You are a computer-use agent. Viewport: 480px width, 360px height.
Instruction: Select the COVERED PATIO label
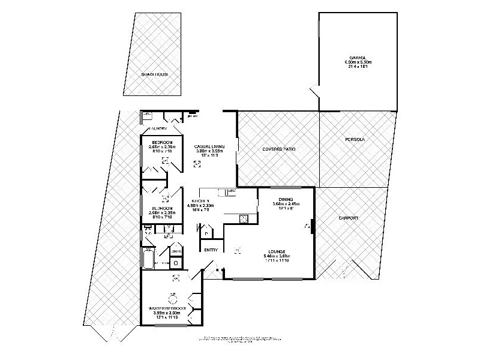pyautogui.click(x=279, y=149)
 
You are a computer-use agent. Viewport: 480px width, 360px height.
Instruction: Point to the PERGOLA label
pyautogui.click(x=355, y=139)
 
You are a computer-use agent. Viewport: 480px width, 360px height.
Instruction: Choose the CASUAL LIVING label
pyautogui.click(x=209, y=146)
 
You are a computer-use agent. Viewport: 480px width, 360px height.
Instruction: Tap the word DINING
pyautogui.click(x=286, y=200)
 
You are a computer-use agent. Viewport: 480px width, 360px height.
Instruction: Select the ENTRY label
pyautogui.click(x=211, y=250)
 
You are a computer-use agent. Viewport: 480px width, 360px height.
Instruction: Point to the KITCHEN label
pyautogui.click(x=200, y=200)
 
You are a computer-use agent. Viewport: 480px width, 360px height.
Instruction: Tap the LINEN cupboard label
pyautogui.click(x=176, y=251)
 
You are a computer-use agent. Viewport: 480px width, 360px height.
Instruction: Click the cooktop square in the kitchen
pyautogui.click(x=244, y=219)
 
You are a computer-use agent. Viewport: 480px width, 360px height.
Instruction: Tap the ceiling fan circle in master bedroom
pyautogui.click(x=173, y=298)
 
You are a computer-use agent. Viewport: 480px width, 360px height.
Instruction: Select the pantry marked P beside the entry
pyautogui.click(x=207, y=234)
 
